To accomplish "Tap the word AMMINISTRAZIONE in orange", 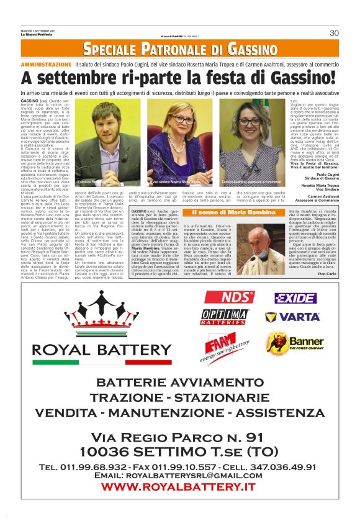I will pyautogui.click(x=46, y=65).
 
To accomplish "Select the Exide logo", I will pyautogui.click(x=295, y=298).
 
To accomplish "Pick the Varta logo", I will pyautogui.click(x=293, y=317).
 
